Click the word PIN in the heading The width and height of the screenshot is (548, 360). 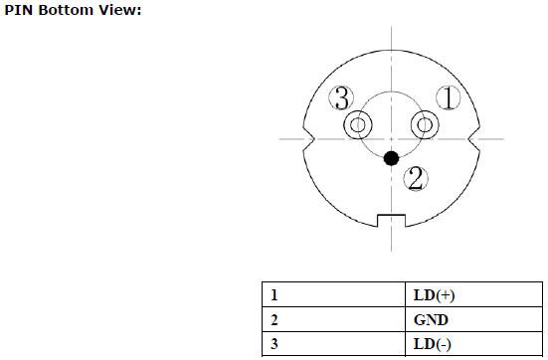tap(19, 10)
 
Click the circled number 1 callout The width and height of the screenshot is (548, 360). tap(449, 97)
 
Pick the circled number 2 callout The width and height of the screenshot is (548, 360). tap(416, 179)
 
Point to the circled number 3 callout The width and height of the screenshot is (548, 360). tap(341, 97)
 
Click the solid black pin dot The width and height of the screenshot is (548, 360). tap(391, 158)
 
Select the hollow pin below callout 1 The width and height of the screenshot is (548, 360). tap(425, 124)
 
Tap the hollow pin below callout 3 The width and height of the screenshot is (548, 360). tap(358, 124)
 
